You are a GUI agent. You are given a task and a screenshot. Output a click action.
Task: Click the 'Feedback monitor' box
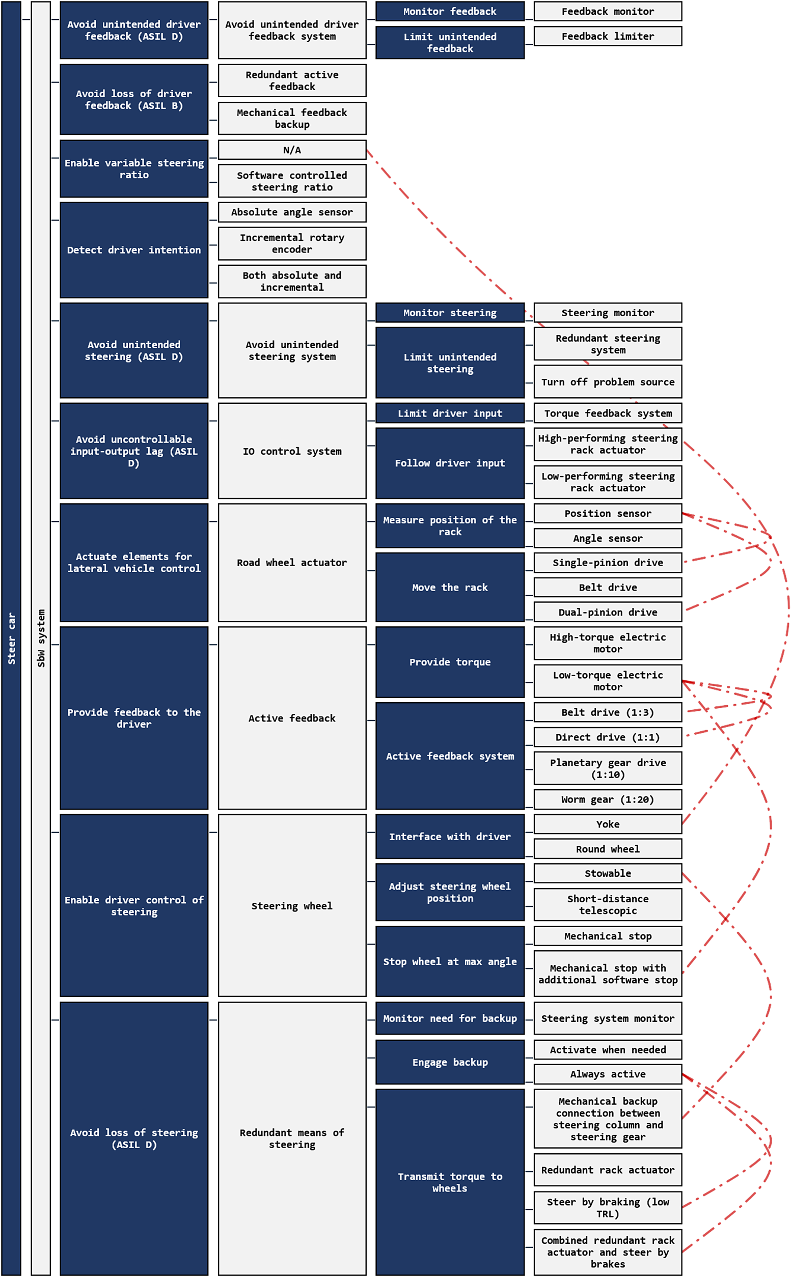(608, 12)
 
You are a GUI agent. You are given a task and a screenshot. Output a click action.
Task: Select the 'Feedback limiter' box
(608, 36)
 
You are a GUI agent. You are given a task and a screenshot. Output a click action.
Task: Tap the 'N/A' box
(292, 150)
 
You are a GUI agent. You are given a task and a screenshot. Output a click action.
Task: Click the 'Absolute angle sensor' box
(292, 212)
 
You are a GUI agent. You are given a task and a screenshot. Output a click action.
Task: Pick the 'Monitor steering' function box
(450, 313)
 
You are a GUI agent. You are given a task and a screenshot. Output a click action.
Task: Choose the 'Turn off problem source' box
(608, 382)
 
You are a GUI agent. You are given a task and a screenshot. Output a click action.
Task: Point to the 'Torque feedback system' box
(608, 413)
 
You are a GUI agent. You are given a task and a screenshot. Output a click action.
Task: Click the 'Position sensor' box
(608, 514)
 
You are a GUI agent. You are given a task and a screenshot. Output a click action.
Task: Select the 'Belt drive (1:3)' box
(608, 712)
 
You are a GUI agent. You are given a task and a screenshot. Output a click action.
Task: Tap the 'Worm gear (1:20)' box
(608, 799)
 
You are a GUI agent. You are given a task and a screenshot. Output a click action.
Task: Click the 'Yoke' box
(608, 824)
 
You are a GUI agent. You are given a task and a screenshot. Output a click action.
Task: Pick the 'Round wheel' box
(608, 849)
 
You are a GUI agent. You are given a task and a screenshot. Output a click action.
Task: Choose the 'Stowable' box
(608, 873)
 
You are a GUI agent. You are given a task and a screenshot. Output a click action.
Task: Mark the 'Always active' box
(608, 1074)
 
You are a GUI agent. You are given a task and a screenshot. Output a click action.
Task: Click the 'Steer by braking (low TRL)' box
(608, 1207)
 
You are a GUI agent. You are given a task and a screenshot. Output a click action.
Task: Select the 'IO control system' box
(292, 451)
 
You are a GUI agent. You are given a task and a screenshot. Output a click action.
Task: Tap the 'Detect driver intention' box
(134, 249)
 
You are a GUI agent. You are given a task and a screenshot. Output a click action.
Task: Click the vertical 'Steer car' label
(11, 638)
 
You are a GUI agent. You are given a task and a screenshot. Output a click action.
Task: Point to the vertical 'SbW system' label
(41, 638)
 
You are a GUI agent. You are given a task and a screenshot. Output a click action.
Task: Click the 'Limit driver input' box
(450, 413)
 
